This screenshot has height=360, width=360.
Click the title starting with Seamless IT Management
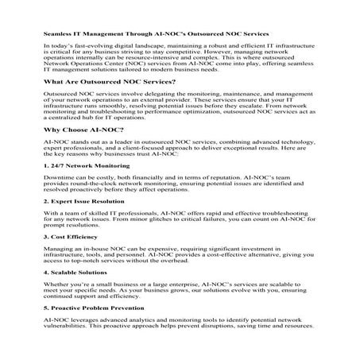click(156, 35)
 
